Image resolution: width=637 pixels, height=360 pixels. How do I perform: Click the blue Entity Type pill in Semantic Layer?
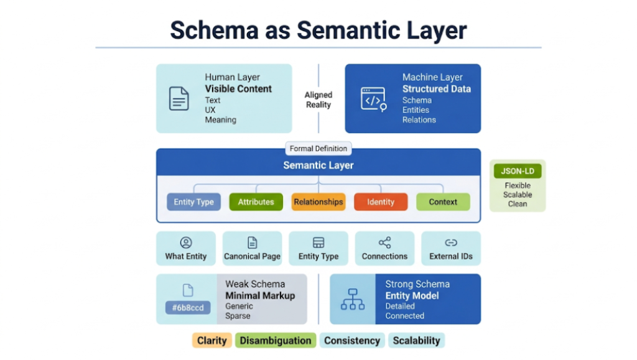[193, 202]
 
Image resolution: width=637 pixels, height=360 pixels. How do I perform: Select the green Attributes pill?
[256, 202]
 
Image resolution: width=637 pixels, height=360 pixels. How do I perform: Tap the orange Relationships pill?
[318, 202]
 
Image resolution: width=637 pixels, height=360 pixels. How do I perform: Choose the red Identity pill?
[381, 202]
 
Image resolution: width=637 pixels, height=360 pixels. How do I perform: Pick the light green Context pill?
[443, 202]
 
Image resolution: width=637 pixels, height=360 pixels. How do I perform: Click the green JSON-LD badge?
[518, 171]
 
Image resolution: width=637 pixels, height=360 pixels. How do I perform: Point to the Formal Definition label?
[318, 149]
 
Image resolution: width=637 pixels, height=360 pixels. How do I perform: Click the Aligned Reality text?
[318, 99]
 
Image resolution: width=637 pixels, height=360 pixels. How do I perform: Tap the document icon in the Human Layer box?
[179, 99]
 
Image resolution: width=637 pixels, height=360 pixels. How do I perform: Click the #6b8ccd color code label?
[188, 308]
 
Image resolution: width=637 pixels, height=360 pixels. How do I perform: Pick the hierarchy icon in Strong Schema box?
[353, 299]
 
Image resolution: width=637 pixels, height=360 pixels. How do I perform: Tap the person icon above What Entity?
[185, 242]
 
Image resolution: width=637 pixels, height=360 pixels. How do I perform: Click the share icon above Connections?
[384, 242]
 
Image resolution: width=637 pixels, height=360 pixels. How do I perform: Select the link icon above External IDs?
[451, 242]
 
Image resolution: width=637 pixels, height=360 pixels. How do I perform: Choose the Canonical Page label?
[252, 256]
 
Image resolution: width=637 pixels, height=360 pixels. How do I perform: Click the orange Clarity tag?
[211, 341]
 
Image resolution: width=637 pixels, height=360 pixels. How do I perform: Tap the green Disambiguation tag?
[276, 341]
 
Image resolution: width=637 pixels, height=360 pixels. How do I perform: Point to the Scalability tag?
[416, 341]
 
